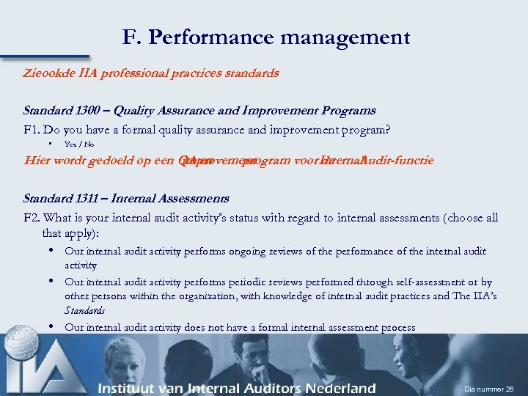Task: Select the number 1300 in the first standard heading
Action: [84, 111]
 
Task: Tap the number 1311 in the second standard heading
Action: [83, 199]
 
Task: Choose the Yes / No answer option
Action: [79, 144]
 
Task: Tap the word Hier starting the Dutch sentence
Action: [37, 161]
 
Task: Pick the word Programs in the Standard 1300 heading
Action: [348, 111]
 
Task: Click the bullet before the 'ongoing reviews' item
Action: [53, 251]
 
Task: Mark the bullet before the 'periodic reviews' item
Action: [53, 282]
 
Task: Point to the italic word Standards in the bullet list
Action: [84, 311]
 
